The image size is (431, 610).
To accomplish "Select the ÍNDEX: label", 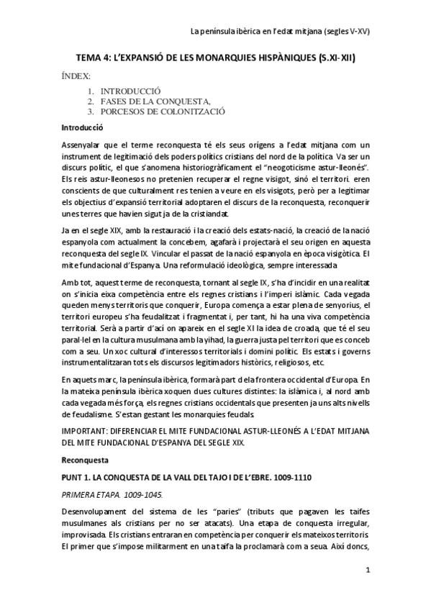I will [x=76, y=75].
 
